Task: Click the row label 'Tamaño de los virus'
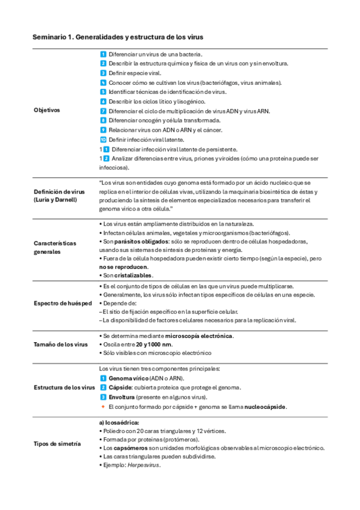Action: coord(61,344)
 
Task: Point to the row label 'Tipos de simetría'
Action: coord(58,443)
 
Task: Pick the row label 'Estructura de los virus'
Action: coord(64,387)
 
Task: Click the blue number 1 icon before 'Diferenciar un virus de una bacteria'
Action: coord(103,54)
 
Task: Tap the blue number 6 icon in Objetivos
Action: coord(103,102)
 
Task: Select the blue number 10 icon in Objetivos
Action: coord(103,140)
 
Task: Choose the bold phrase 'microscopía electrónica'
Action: coord(200,336)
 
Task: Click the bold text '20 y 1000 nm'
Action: coord(154,345)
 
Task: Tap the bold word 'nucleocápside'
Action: coord(266,407)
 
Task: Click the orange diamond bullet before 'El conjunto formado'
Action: coord(103,407)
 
